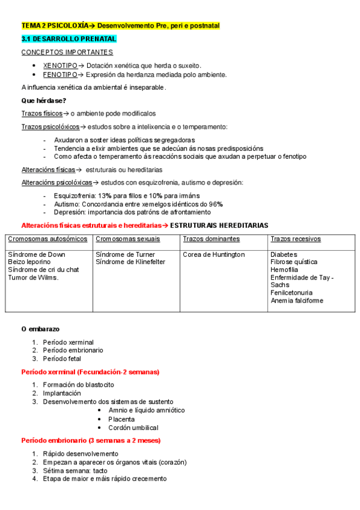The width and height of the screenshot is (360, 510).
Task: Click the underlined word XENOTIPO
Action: click(x=60, y=65)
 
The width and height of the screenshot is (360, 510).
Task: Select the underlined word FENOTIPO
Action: click(x=60, y=75)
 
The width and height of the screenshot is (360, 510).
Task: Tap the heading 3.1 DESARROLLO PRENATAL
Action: click(x=69, y=38)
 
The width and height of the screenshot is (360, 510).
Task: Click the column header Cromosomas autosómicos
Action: click(x=47, y=239)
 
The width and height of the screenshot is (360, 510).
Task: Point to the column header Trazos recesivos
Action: click(x=296, y=239)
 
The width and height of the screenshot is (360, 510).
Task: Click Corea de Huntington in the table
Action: click(x=214, y=254)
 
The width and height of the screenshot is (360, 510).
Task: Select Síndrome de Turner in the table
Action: click(x=125, y=254)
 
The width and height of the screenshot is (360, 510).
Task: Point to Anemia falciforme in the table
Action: click(x=297, y=300)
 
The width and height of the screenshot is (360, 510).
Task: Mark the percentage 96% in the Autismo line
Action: click(x=216, y=204)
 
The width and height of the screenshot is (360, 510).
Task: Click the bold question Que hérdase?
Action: click(x=44, y=100)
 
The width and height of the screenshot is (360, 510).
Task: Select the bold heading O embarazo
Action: click(x=40, y=329)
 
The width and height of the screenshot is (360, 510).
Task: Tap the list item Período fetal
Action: click(x=66, y=358)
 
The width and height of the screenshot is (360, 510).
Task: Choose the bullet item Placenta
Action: click(x=121, y=419)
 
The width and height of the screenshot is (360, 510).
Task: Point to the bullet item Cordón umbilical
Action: click(x=133, y=428)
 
